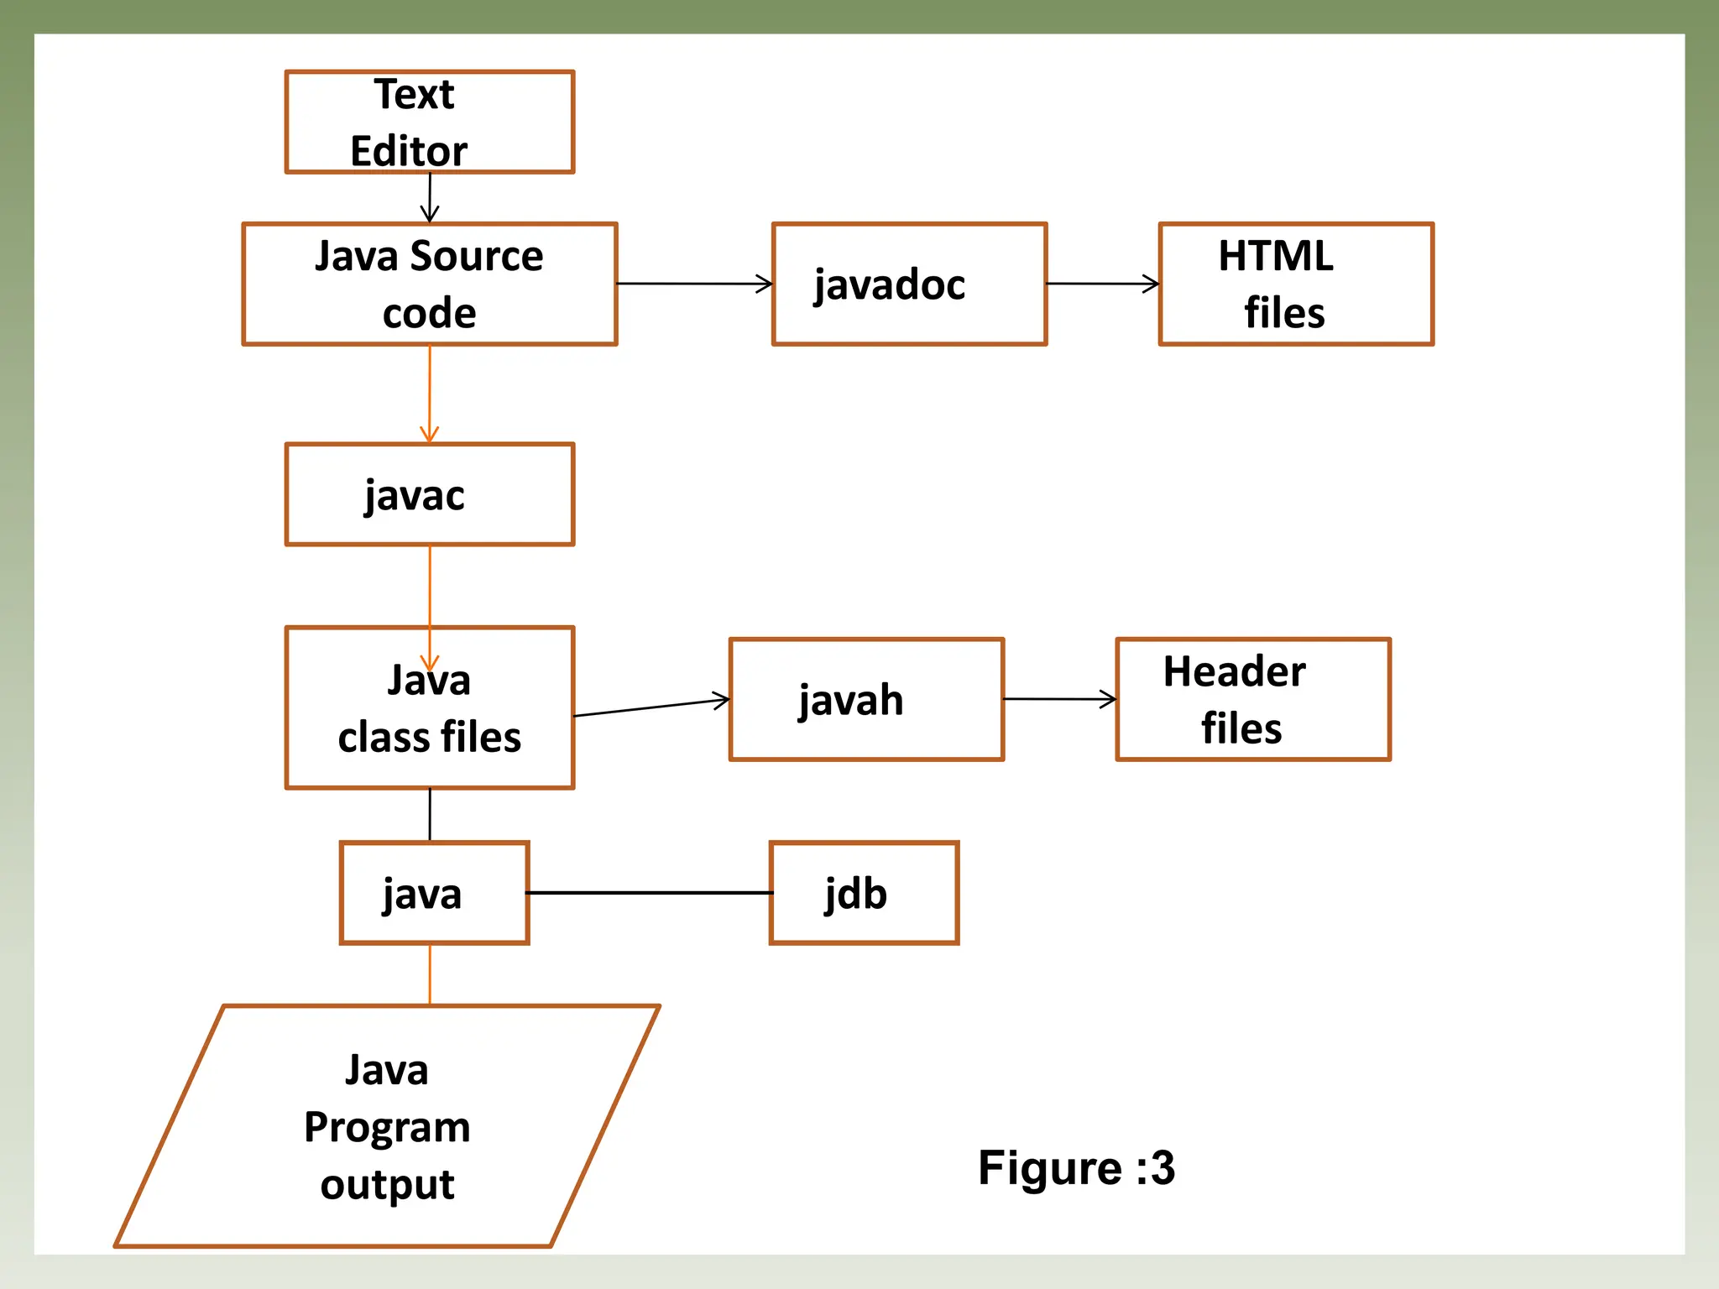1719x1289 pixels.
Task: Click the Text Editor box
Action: (x=429, y=123)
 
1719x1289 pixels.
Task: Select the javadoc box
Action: (x=909, y=284)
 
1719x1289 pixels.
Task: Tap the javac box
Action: (x=429, y=494)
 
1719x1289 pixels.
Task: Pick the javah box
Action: (x=866, y=699)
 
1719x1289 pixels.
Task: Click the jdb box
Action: (x=864, y=893)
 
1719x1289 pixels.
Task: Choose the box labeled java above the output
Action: (x=434, y=893)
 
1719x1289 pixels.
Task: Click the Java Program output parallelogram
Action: (x=387, y=1125)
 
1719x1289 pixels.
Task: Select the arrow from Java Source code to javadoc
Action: (x=694, y=284)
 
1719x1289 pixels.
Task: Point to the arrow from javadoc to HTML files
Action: (x=1102, y=284)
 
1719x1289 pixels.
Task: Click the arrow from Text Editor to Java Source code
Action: (x=430, y=198)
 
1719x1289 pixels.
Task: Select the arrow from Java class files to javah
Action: (x=651, y=707)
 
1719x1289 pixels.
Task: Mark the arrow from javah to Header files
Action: (x=1059, y=699)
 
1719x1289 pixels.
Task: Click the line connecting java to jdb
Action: (x=649, y=893)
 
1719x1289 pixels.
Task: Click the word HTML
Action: (x=1275, y=256)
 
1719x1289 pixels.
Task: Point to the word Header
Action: (x=1234, y=671)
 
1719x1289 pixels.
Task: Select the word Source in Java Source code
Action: (x=476, y=256)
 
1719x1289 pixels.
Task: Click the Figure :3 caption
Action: (x=1076, y=1167)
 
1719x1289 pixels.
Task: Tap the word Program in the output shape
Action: (x=387, y=1127)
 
